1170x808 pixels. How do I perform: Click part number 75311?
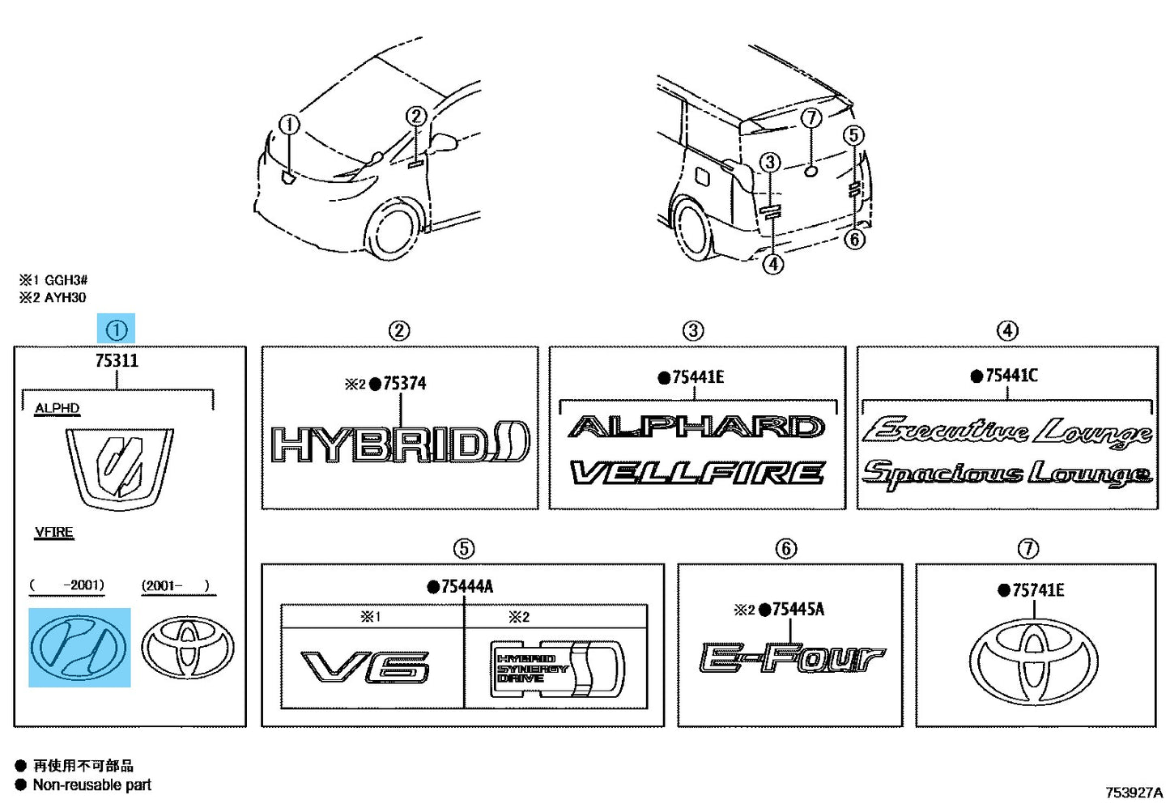tap(117, 360)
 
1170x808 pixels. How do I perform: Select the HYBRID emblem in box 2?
tap(401, 444)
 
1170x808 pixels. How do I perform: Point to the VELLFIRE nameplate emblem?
tap(697, 473)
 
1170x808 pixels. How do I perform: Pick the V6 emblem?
tap(365, 667)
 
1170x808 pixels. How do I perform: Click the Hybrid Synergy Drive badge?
tap(557, 669)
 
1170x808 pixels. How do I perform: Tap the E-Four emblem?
tap(793, 657)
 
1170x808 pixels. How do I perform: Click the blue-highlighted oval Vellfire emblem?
tap(79, 647)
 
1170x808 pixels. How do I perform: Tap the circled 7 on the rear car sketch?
tap(811, 118)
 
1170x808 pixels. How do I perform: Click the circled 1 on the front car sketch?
tap(289, 125)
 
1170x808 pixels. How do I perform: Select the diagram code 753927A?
tap(1134, 793)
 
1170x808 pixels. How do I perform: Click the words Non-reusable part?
tap(92, 785)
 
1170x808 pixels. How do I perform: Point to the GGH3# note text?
tap(66, 280)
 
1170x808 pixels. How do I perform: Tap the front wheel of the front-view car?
tap(391, 229)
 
